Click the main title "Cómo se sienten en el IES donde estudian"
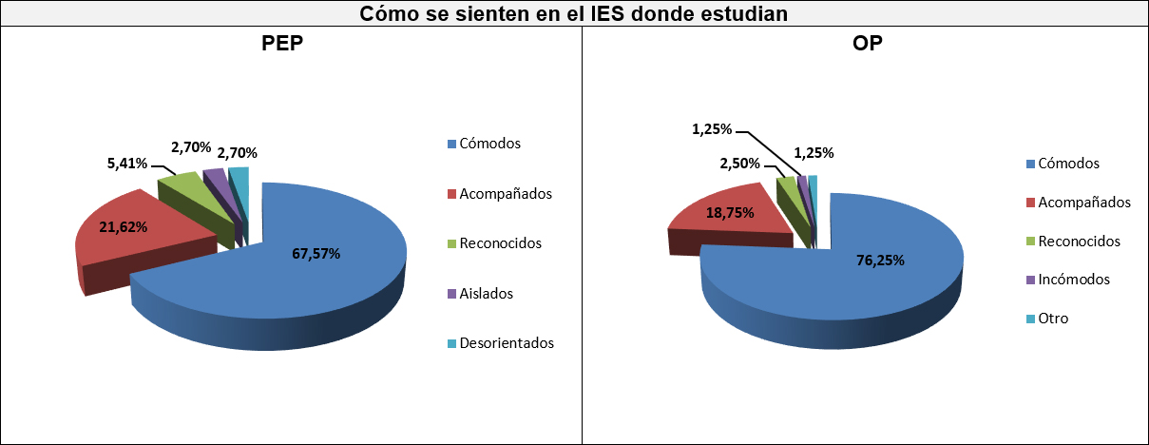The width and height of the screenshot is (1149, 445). pos(574,14)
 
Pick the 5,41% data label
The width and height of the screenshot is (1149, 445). pos(126,164)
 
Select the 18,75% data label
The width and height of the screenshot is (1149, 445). pos(730,213)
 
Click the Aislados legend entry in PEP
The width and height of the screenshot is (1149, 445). pos(486,294)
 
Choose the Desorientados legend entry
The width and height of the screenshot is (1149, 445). pos(506,343)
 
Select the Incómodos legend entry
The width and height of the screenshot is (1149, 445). pos(1073,280)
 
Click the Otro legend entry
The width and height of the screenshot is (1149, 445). pos(1053,319)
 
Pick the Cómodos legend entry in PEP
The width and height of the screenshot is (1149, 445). pos(489,145)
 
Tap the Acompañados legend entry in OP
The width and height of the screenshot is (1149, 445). pos(1083,203)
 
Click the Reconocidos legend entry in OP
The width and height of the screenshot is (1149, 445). pos(1079,242)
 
